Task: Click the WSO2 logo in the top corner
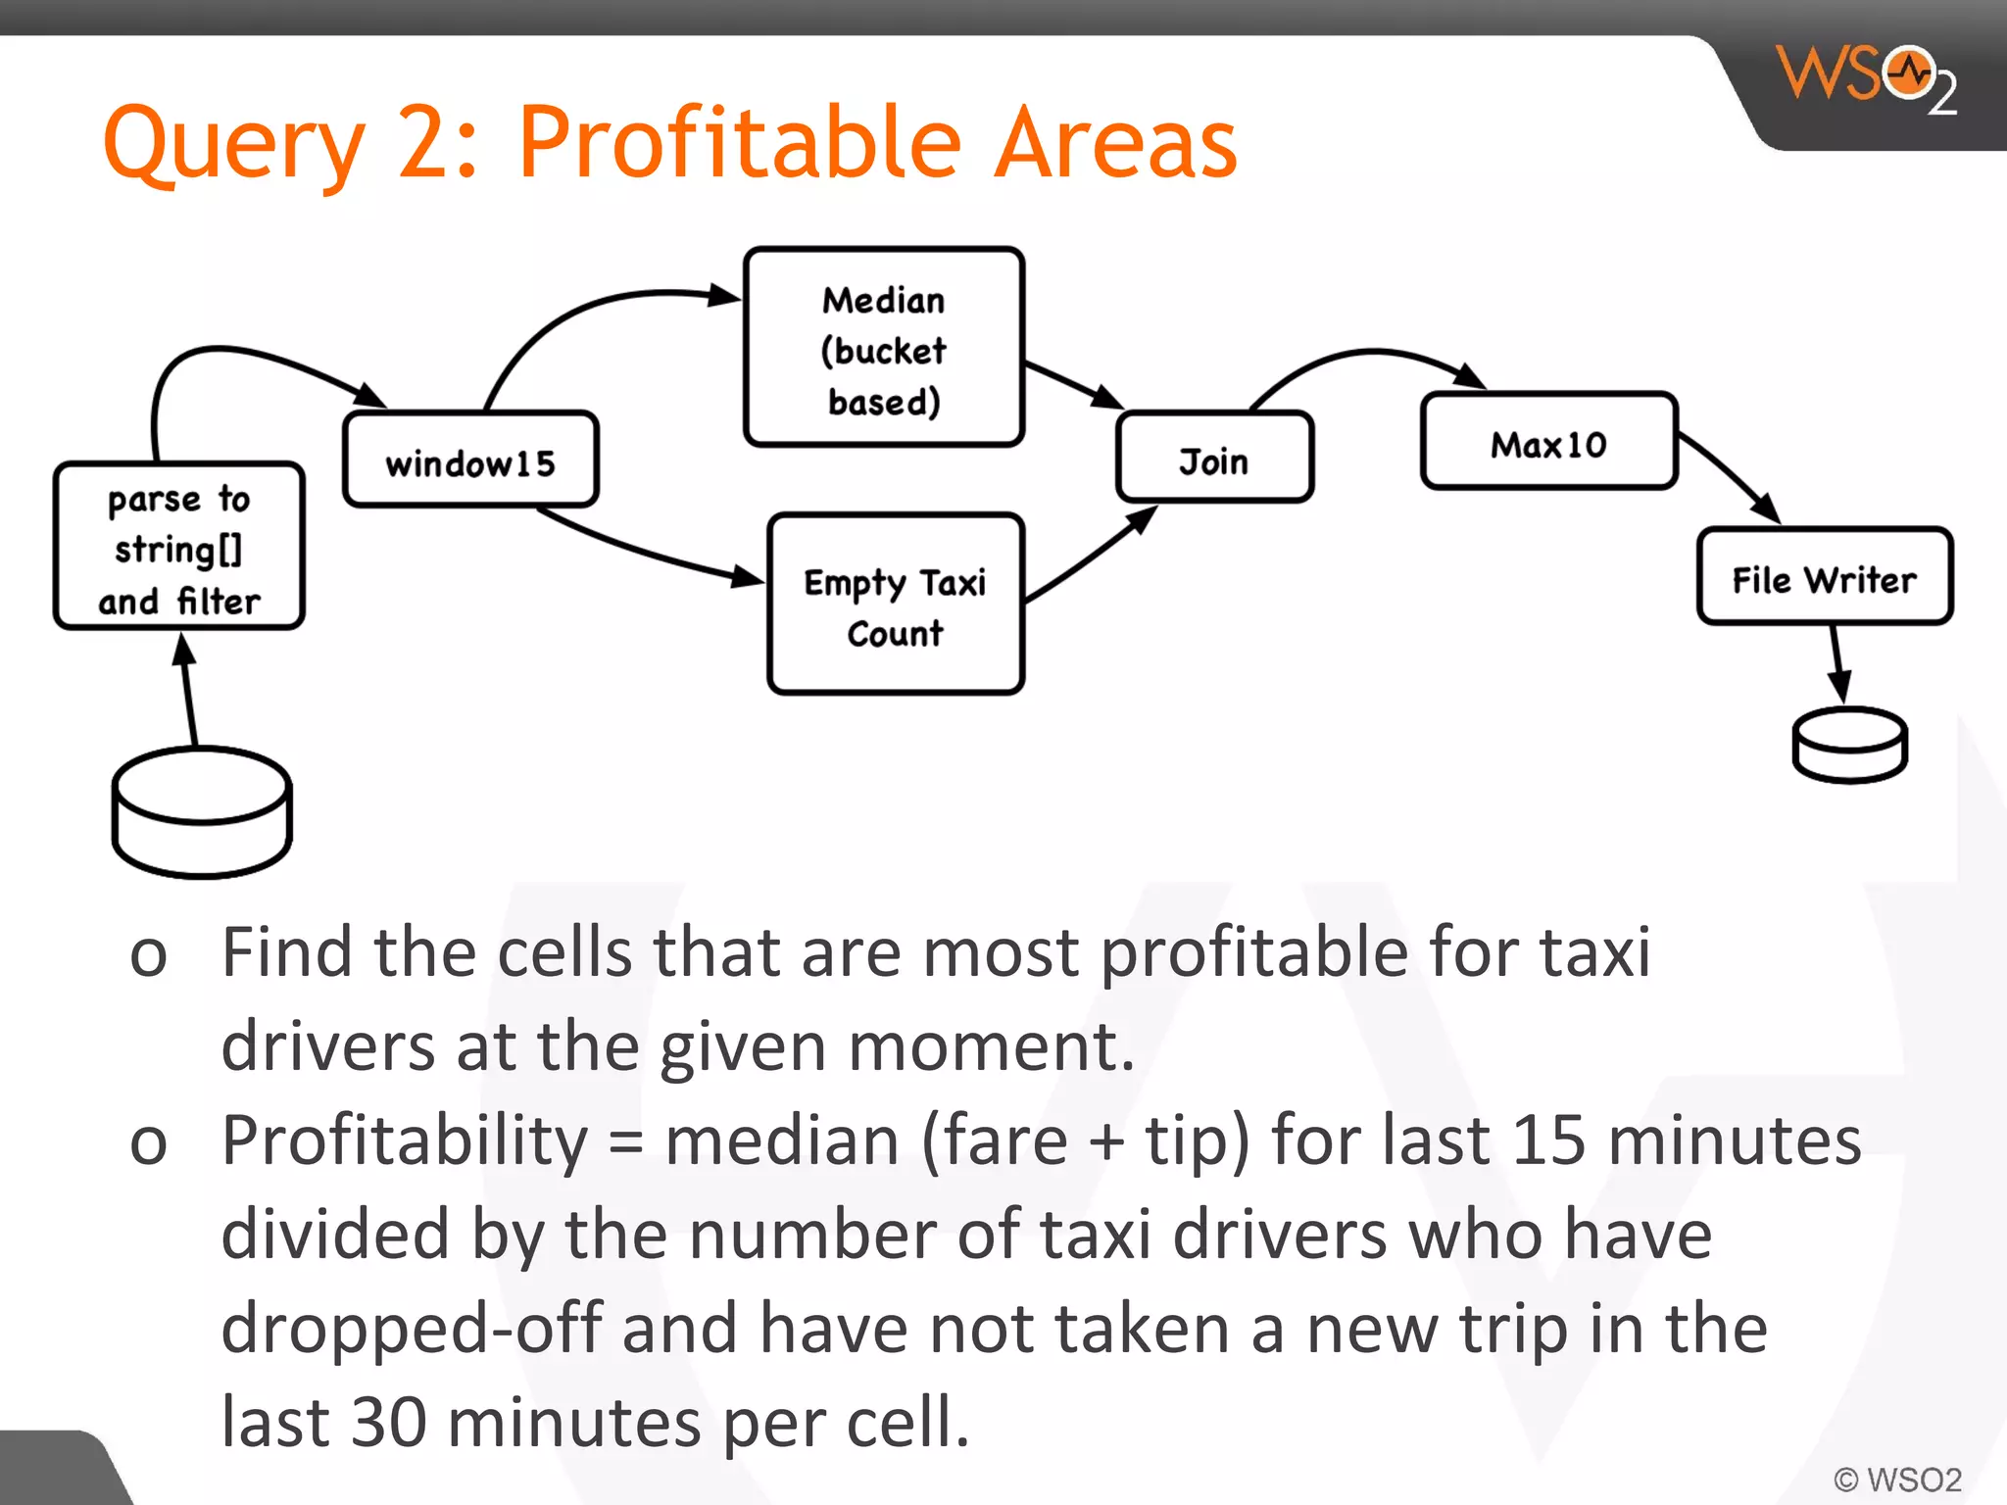[x=1867, y=78]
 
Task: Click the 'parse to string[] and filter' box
[x=179, y=547]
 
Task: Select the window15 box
[x=470, y=461]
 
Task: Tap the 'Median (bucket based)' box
[x=884, y=349]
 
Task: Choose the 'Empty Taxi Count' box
[x=896, y=606]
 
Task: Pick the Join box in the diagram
[x=1214, y=459]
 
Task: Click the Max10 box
[x=1548, y=443]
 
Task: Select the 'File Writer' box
[x=1824, y=578]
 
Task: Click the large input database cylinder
[x=202, y=813]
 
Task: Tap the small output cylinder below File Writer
[x=1849, y=746]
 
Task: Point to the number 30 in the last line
[x=388, y=1423]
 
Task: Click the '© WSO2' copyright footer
[x=1897, y=1479]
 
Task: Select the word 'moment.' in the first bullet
[x=991, y=1047]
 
